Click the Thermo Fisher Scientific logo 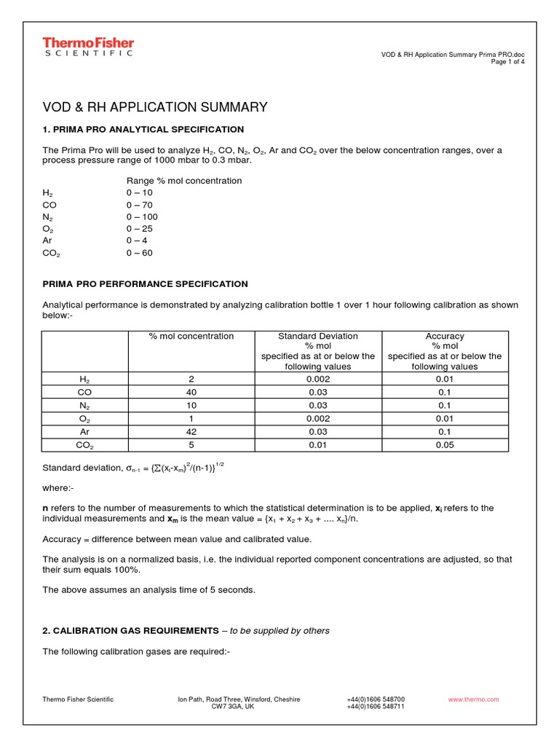[x=87, y=47]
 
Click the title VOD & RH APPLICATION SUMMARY [x=155, y=108]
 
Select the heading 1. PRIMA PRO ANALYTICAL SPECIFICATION [x=143, y=129]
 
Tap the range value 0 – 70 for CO [x=140, y=205]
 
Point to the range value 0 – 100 [x=142, y=217]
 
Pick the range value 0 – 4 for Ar [x=137, y=241]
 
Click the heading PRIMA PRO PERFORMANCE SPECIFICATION [x=145, y=284]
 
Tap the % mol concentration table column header [x=191, y=336]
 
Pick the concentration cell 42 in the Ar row [x=191, y=432]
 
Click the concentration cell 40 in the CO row [x=191, y=392]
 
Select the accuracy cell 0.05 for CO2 [x=444, y=445]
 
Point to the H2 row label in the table [x=85, y=380]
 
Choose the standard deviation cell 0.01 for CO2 [x=318, y=445]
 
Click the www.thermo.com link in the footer [x=474, y=699]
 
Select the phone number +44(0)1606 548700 [x=376, y=699]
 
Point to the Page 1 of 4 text [x=508, y=62]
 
